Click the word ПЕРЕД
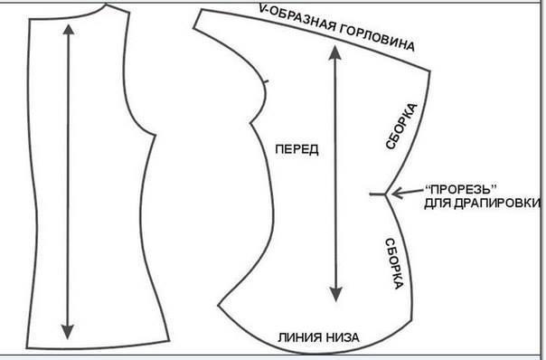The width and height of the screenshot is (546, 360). pyautogui.click(x=295, y=147)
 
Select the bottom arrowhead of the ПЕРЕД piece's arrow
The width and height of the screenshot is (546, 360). pyautogui.click(x=336, y=296)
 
